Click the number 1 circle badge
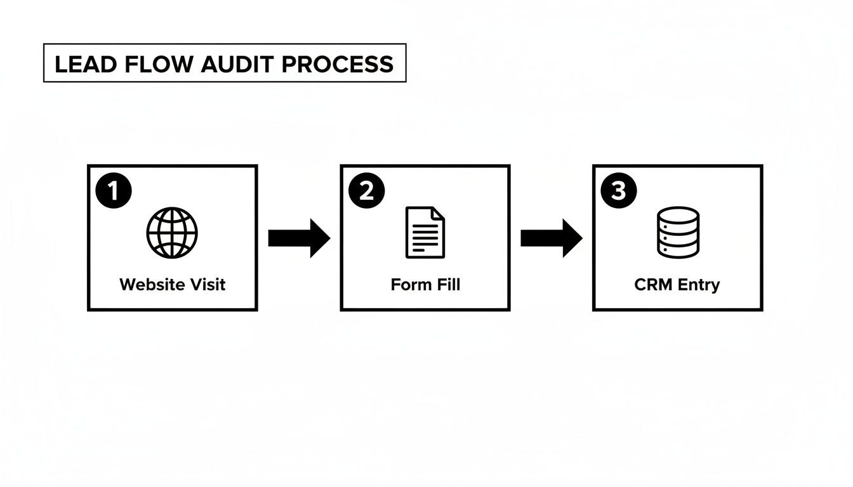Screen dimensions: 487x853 click(x=114, y=192)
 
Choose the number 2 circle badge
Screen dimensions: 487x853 click(x=366, y=192)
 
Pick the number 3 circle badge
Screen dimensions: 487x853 click(x=618, y=192)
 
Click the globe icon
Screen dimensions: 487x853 click(x=172, y=232)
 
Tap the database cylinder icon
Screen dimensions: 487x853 click(x=677, y=232)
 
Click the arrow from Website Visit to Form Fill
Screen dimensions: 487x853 click(x=299, y=238)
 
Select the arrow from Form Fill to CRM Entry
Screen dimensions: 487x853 click(x=551, y=238)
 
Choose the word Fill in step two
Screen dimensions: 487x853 click(x=448, y=284)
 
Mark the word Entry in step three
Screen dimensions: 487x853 click(x=698, y=284)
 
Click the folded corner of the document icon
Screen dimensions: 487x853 click(x=438, y=214)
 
